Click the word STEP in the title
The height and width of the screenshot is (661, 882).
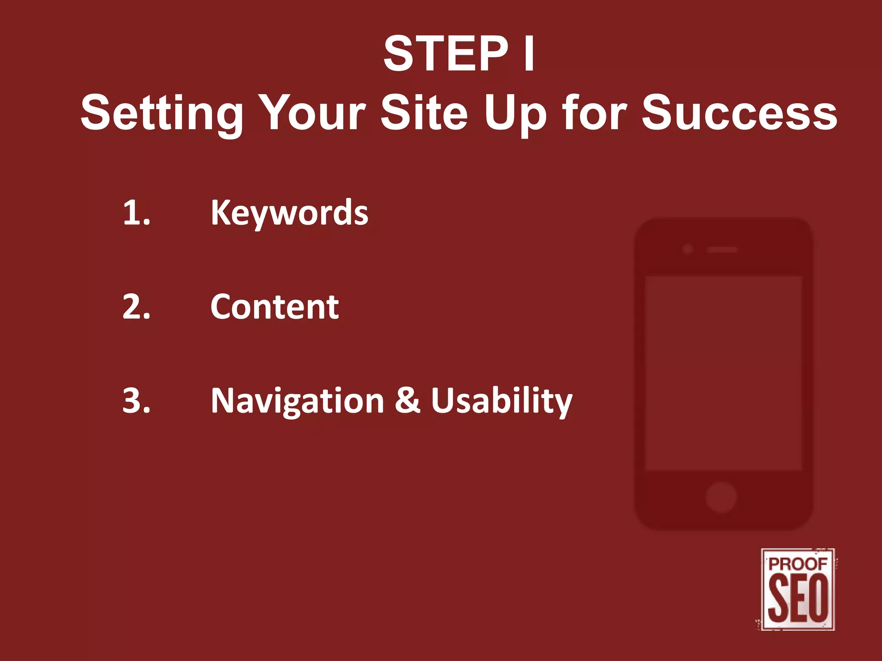coord(446,54)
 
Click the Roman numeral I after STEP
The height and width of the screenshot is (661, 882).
coord(529,54)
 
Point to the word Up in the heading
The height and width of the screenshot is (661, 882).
coord(515,113)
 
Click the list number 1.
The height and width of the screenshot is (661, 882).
coord(136,213)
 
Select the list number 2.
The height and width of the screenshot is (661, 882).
coord(136,307)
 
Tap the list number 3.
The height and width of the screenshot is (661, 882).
coord(136,401)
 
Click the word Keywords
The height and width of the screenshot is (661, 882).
coord(289,213)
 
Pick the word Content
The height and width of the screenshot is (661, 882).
coord(275,307)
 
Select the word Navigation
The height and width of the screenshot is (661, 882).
coord(297,401)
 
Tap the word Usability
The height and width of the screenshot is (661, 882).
coord(502,401)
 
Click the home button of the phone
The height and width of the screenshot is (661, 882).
coord(721,497)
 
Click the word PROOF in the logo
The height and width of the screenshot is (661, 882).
coord(798,564)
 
